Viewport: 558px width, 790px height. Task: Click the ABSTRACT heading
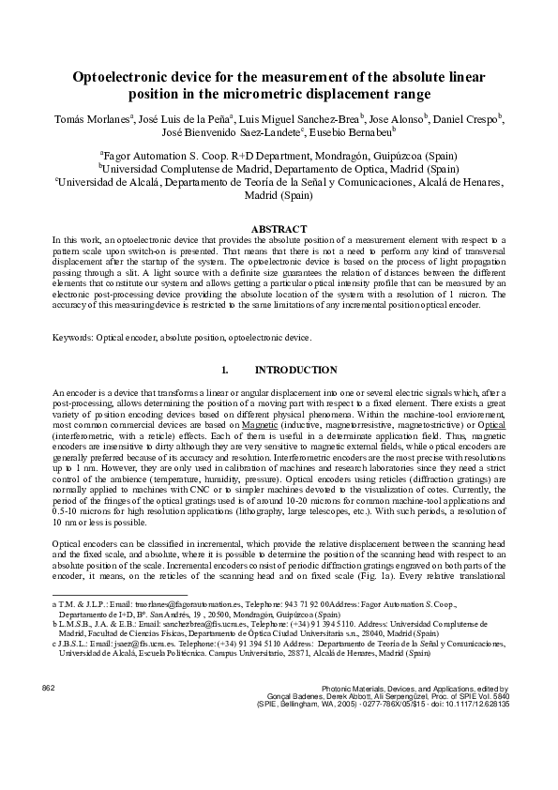tap(279, 229)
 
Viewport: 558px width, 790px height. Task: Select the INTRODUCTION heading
tap(296, 370)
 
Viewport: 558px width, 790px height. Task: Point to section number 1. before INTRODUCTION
tap(224, 370)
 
